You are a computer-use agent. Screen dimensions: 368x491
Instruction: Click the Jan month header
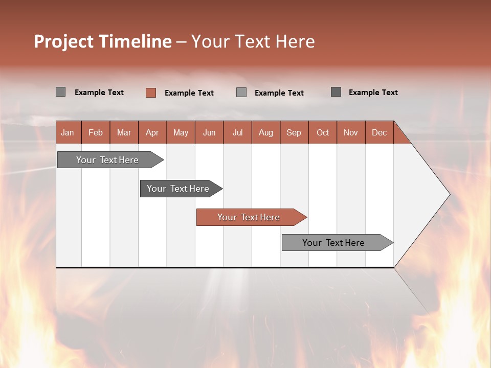coord(68,132)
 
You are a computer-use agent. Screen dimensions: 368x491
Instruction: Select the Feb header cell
coord(96,132)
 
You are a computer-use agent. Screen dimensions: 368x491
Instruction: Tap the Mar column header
coord(124,132)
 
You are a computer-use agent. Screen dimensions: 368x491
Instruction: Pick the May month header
coord(181,132)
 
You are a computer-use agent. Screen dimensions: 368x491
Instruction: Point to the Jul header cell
coord(237,132)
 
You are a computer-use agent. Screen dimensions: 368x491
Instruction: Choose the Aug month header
coord(265,132)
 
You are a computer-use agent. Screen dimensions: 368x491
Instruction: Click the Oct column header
coord(322,132)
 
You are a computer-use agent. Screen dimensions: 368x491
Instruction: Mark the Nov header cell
coord(350,132)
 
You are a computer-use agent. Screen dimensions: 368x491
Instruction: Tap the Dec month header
coord(379,132)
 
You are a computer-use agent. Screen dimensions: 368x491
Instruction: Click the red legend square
coord(150,93)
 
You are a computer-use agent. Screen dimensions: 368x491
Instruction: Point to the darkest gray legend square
coord(336,92)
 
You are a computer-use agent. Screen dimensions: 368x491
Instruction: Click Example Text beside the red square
coord(189,93)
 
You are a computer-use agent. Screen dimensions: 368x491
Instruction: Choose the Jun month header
coord(209,132)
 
